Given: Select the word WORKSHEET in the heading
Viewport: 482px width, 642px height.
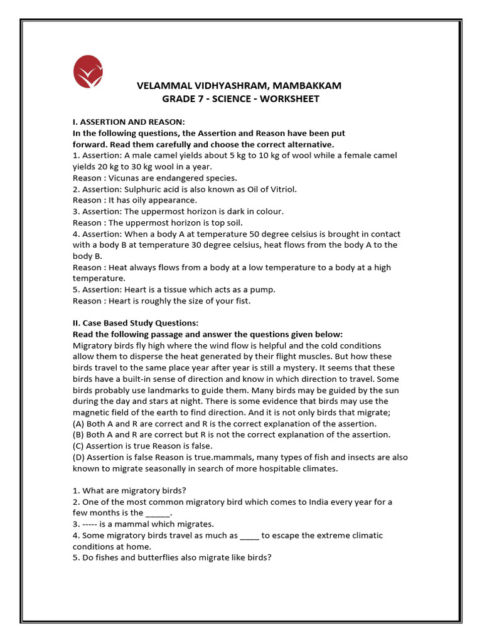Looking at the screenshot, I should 288,99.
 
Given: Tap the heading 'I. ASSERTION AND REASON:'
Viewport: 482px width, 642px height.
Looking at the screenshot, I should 129,122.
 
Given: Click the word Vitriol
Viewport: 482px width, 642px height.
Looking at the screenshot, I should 281,189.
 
